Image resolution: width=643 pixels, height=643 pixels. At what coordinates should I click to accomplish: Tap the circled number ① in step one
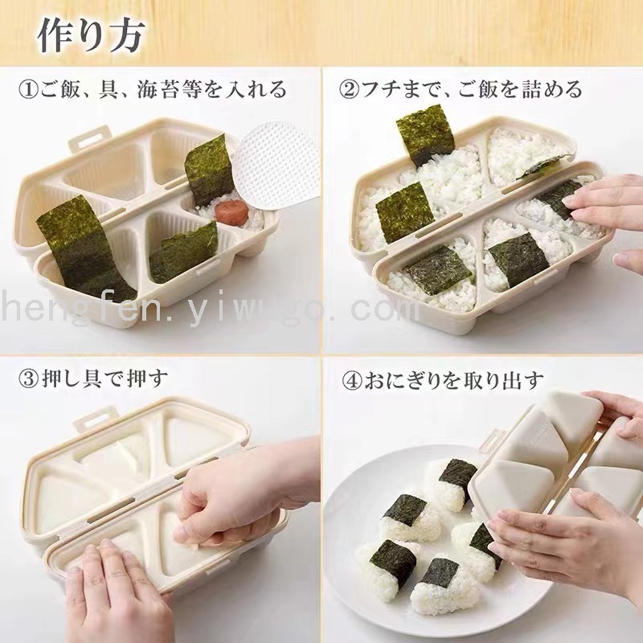(29, 89)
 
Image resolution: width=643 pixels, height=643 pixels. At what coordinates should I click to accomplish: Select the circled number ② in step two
(350, 89)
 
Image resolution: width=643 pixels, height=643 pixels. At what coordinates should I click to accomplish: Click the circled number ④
(352, 380)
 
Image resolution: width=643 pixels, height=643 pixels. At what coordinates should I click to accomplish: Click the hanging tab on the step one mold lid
(89, 137)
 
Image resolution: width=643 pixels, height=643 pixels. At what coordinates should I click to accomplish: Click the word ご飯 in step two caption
(477, 89)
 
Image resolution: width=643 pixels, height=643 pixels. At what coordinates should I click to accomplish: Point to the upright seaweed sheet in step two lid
(425, 134)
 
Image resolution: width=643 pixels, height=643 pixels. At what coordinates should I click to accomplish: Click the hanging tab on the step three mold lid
(95, 418)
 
